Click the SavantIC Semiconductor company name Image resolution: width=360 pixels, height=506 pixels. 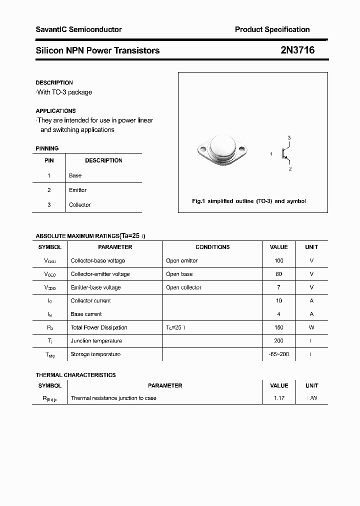(x=78, y=29)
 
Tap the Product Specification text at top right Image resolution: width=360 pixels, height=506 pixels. (x=272, y=29)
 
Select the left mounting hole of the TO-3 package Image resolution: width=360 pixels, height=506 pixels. (x=202, y=149)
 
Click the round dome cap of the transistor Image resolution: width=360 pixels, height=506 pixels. (x=222, y=145)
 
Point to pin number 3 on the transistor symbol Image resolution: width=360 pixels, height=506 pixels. (x=289, y=137)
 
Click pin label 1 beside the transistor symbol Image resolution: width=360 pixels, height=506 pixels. (x=271, y=154)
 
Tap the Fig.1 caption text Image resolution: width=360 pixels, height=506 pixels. (x=248, y=201)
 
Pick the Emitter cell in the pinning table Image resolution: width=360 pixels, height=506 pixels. (x=77, y=190)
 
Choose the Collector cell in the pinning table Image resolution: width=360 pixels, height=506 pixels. (x=79, y=204)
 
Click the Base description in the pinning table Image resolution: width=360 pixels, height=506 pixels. (x=75, y=175)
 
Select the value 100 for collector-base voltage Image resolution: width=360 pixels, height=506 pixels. (x=278, y=260)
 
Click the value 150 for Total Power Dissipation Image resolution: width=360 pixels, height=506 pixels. (x=278, y=327)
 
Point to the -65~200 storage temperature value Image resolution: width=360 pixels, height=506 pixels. (x=278, y=354)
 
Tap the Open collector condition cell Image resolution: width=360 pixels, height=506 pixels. (x=183, y=287)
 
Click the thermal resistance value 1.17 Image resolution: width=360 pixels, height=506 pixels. (x=278, y=398)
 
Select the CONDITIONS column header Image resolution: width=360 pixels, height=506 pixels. (x=212, y=247)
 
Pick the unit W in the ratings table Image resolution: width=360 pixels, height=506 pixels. (x=311, y=327)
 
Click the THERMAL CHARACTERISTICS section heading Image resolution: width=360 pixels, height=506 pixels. (x=75, y=375)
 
